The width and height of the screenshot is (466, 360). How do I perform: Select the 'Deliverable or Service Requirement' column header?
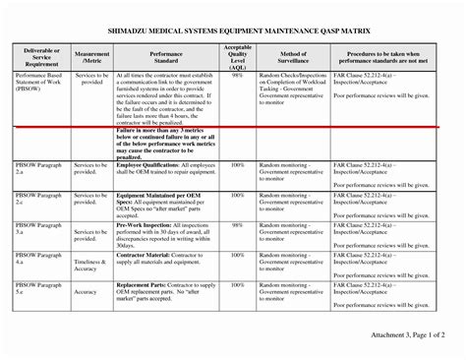pyautogui.click(x=40, y=56)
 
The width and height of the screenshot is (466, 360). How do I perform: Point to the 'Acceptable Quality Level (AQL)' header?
pyautogui.click(x=237, y=56)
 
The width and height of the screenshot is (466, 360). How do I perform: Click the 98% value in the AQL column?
pyautogui.click(x=237, y=75)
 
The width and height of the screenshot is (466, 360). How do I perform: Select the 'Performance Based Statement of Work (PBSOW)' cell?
pyautogui.click(x=40, y=82)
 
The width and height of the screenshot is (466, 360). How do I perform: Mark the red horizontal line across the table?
pyautogui.click(x=233, y=127)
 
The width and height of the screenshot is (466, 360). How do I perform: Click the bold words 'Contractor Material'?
pyautogui.click(x=143, y=253)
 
